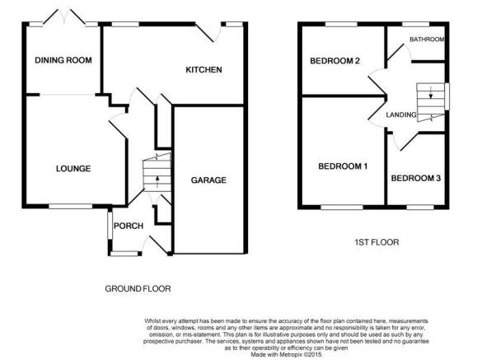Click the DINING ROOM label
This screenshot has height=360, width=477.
pos(63,60)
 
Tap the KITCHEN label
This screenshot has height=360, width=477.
pos(203,70)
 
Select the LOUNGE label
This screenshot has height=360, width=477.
pos(73,169)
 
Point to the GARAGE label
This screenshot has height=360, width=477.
pos(208,180)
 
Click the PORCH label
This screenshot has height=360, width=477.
pos(129,226)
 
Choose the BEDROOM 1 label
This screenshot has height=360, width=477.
pos(343,166)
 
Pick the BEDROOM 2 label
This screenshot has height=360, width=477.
pos(335,61)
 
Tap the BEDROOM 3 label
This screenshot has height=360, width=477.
pos(416,178)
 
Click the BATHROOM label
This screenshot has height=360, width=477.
pos(427,40)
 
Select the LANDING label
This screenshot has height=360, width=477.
pos(401,115)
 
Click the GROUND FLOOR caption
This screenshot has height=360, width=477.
pos(138,288)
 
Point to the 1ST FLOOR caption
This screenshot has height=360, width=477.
pos(376,242)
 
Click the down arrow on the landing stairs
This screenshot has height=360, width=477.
pos(431,92)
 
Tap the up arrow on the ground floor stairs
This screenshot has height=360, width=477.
pos(157,182)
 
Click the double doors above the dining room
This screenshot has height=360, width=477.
pos(64,16)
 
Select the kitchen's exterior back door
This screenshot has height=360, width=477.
pos(208,33)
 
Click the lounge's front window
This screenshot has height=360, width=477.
pos(71,206)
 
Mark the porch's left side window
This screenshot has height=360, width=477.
pos(110,225)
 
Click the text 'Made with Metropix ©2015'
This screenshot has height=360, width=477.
pos(286,354)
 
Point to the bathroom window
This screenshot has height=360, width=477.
pos(415,24)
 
